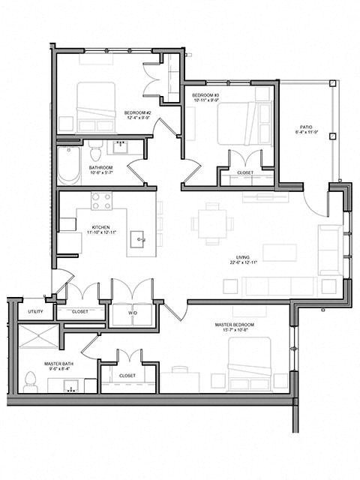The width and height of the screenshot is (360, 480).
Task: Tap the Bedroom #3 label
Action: click(x=205, y=96)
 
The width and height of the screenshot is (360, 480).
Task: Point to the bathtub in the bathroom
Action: click(x=68, y=164)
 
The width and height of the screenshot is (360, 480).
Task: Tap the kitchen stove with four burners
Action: click(x=101, y=201)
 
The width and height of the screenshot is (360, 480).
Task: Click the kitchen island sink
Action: click(x=139, y=240)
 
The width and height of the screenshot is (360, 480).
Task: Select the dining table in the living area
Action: click(x=209, y=223)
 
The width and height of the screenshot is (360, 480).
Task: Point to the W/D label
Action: click(x=132, y=313)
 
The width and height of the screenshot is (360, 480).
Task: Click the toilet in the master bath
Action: click(x=31, y=382)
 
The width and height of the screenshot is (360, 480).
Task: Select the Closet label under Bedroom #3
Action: click(x=244, y=173)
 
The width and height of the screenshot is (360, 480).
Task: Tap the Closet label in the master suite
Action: click(x=127, y=376)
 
